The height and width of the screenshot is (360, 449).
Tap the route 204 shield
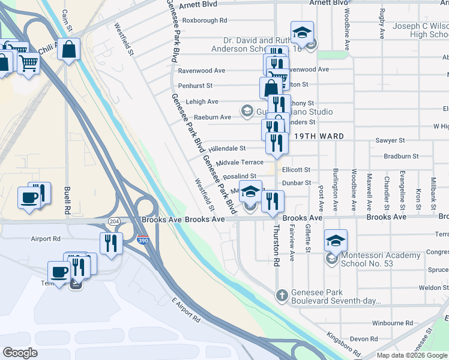coord(113,221)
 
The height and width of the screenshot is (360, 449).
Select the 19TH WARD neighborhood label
coord(319,136)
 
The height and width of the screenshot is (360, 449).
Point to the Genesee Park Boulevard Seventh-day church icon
coord(281,295)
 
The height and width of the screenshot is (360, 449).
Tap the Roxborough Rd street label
coord(205,20)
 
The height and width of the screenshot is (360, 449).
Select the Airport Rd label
coord(46,238)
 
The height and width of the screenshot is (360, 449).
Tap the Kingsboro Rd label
coord(344,344)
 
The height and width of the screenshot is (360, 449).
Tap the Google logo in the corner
coord(20,353)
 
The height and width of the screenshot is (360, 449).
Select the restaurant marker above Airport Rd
coord(110,243)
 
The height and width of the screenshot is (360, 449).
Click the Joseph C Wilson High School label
coord(420,31)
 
